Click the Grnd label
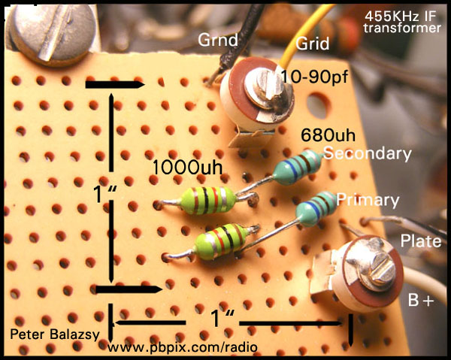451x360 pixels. click(218, 40)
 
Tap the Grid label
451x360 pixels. click(313, 44)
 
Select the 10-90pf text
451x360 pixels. click(314, 77)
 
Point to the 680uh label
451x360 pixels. click(328, 135)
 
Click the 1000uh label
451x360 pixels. click(187, 168)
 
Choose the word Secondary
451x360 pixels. click(368, 153)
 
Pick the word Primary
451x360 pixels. click(368, 200)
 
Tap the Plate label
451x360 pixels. click(421, 241)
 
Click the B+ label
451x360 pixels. click(421, 300)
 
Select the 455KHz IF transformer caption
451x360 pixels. click(402, 22)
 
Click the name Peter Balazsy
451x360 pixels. click(55, 334)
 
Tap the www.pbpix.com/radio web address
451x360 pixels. click(183, 348)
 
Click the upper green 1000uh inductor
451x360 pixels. click(208, 200)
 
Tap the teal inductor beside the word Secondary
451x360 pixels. click(297, 167)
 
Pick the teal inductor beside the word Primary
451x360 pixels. click(316, 208)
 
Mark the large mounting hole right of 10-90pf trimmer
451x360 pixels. click(317, 105)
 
